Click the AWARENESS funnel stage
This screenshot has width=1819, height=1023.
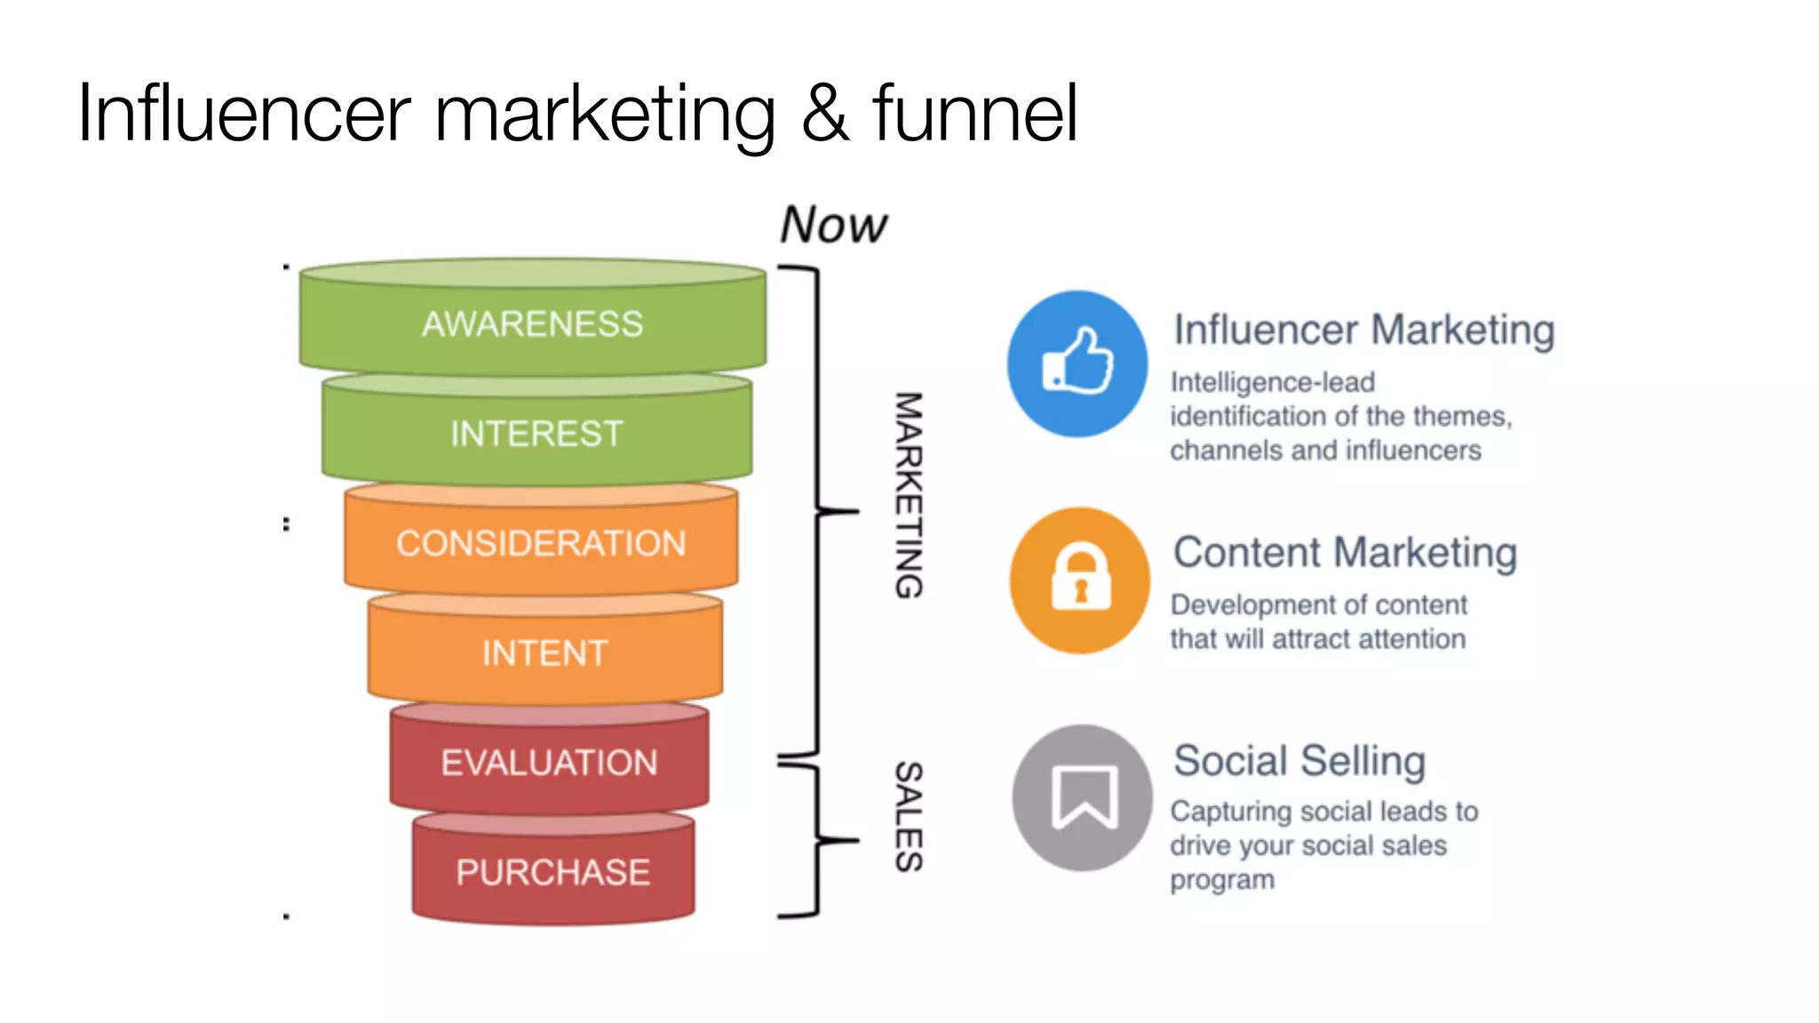(x=533, y=324)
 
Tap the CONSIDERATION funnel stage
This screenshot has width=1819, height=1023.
(x=541, y=543)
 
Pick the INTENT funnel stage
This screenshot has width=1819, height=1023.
(x=544, y=654)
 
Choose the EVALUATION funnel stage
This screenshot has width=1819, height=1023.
(x=549, y=763)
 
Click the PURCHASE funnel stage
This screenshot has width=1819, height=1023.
(x=552, y=872)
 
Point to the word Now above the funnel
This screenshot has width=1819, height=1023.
(x=833, y=225)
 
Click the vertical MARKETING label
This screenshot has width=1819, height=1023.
(x=908, y=496)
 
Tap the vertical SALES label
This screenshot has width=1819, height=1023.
(x=908, y=817)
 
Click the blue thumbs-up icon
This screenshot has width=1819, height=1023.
(x=1076, y=363)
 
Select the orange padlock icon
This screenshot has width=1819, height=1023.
(x=1080, y=580)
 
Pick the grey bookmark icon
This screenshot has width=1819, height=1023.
(x=1083, y=797)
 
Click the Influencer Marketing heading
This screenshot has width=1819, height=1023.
(x=1363, y=329)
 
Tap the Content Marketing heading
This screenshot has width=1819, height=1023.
(x=1345, y=552)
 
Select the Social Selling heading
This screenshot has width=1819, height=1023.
(x=1299, y=761)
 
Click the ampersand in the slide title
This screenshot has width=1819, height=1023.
(x=825, y=114)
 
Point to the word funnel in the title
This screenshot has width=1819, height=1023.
(x=974, y=113)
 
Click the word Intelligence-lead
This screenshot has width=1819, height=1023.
(x=1272, y=382)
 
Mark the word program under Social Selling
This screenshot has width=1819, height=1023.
(x=1222, y=880)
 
